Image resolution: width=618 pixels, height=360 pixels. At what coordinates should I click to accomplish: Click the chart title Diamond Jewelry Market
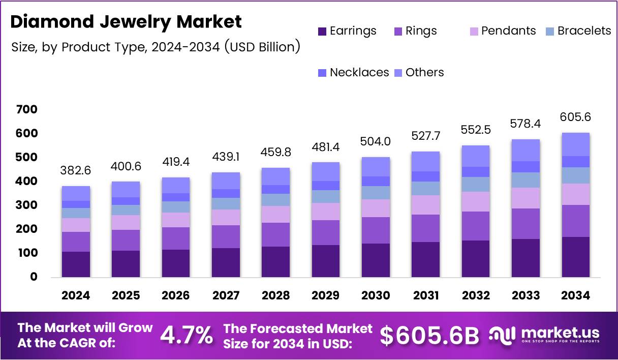coord(126,22)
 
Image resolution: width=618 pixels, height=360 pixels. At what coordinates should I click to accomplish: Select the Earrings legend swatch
coord(322,31)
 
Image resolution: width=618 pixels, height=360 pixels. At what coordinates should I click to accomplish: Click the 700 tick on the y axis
coord(26,109)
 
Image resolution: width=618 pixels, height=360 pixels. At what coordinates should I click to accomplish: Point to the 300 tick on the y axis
coord(26,205)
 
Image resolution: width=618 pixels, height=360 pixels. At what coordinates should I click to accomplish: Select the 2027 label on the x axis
coord(226,295)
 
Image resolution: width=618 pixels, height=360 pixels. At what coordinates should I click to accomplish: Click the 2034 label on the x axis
coord(576,295)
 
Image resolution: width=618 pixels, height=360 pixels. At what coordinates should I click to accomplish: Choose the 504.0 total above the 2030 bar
coord(376,141)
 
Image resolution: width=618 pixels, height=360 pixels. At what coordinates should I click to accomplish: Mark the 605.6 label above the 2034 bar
coord(576,116)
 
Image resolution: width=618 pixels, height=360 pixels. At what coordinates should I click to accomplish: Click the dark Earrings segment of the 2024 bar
coord(76,264)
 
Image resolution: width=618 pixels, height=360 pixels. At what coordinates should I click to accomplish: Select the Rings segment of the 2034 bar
coord(576,221)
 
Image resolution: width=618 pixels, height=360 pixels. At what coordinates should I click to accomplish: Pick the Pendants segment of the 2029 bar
coord(326,212)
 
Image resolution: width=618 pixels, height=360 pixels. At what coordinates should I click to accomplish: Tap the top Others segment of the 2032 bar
coord(476,156)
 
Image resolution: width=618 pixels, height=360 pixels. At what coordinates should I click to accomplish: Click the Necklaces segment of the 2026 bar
coord(175,197)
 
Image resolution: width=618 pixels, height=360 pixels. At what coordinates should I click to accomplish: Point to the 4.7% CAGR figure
coord(187,335)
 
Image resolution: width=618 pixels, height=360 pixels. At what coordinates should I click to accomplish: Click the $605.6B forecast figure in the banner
coord(430,335)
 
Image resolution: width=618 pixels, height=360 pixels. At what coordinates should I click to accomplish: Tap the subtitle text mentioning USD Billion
coord(156,47)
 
